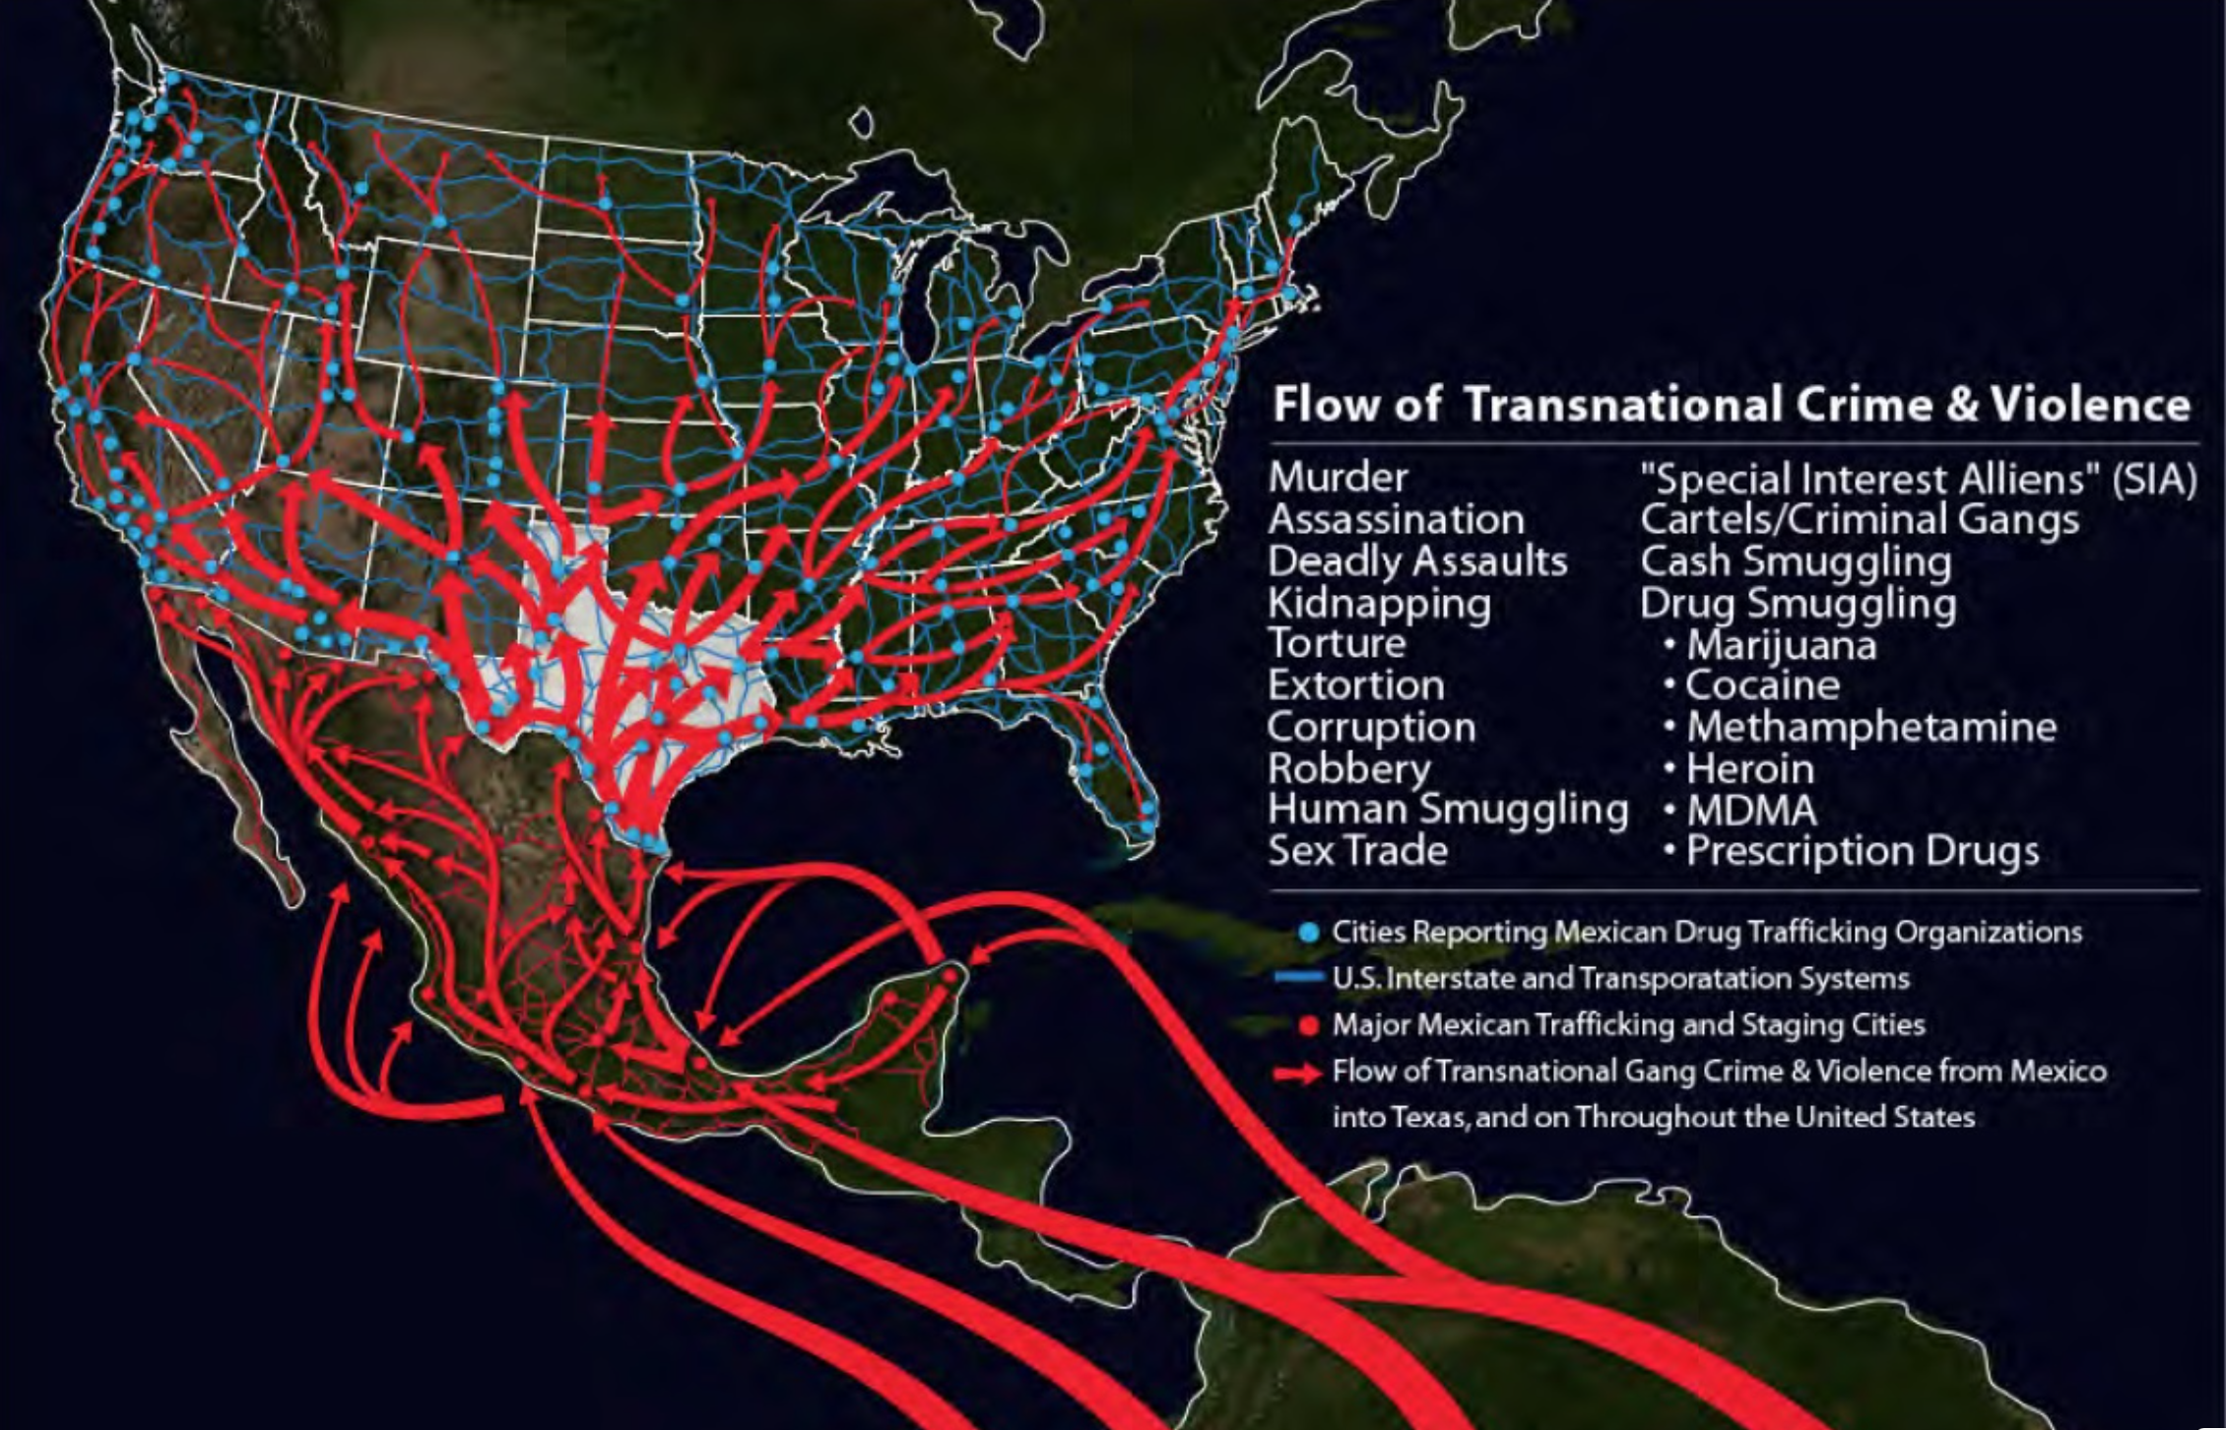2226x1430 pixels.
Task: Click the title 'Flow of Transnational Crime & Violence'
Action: (x=1731, y=405)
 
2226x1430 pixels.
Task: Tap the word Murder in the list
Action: (x=1338, y=478)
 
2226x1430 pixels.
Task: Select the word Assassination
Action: (x=1396, y=519)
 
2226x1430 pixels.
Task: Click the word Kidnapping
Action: (x=1379, y=603)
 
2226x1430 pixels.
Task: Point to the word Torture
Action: (x=1337, y=643)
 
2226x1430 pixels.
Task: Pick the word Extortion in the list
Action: (x=1355, y=684)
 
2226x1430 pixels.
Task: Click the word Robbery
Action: (x=1348, y=768)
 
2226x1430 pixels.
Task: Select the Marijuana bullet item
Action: (x=1781, y=646)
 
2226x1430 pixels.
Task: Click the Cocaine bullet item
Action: (x=1762, y=685)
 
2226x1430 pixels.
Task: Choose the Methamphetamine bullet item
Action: (x=1870, y=727)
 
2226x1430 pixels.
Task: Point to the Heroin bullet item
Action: (x=1749, y=768)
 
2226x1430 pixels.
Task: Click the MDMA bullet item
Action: (x=1751, y=811)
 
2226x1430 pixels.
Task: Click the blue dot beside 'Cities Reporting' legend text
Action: (x=1308, y=933)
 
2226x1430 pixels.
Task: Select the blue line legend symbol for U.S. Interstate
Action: (x=1298, y=978)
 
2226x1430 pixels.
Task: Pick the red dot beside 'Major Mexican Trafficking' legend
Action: (x=1308, y=1025)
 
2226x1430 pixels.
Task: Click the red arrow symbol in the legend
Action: (x=1297, y=1072)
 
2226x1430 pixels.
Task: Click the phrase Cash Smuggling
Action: (x=1795, y=561)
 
